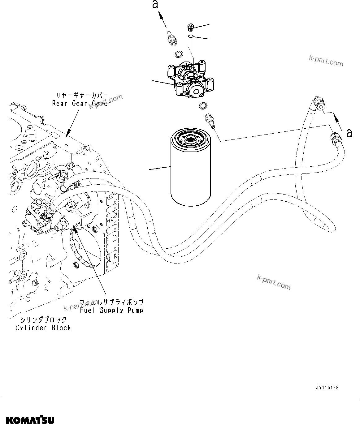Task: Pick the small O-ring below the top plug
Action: pos(191,37)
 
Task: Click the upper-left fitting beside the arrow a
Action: pos(171,38)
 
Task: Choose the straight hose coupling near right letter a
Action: pos(335,137)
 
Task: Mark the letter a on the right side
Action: pos(349,133)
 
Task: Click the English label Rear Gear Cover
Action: pos(81,104)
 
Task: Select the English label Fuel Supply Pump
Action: pos(111,310)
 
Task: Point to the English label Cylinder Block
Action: pos(43,328)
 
